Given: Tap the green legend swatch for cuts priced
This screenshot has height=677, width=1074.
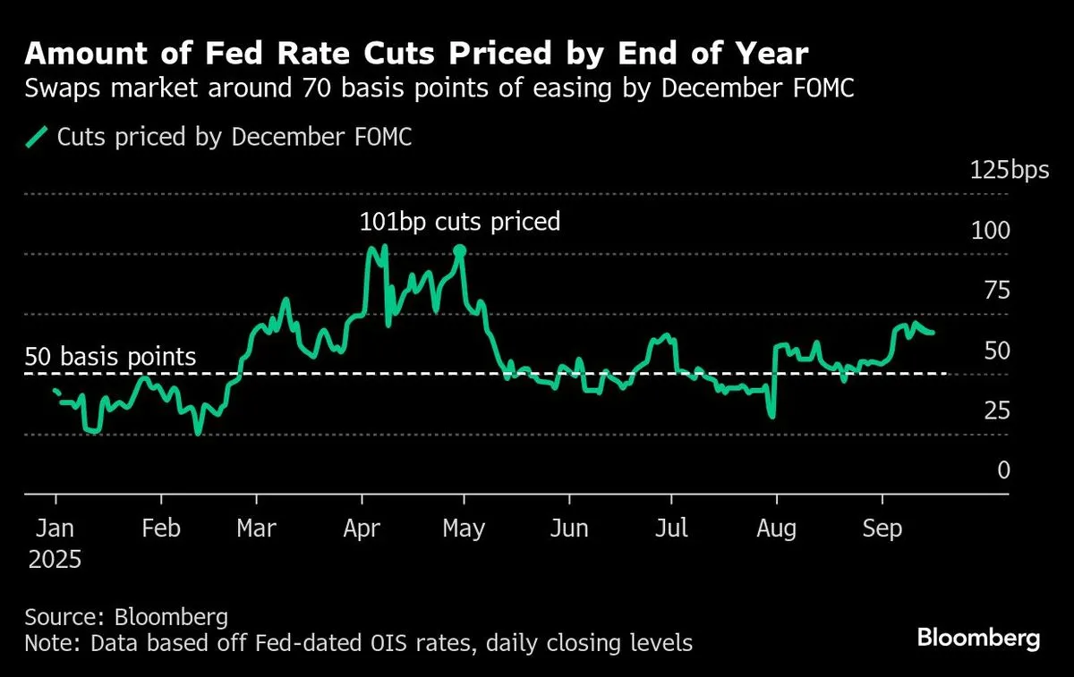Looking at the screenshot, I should [37, 137].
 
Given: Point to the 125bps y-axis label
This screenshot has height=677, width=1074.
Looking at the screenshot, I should [1010, 171].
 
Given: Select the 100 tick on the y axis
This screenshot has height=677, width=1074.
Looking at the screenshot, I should [991, 231].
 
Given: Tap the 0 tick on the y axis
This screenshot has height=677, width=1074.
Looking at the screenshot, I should [1003, 470].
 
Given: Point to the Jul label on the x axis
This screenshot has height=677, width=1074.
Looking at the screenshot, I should [671, 529].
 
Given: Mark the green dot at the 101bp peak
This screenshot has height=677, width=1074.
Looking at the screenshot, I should [460, 251].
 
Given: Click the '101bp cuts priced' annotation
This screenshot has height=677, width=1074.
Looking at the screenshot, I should [459, 221].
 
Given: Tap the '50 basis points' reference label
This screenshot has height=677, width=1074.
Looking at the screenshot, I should [110, 357].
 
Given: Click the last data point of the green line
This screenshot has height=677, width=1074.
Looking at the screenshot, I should [933, 333].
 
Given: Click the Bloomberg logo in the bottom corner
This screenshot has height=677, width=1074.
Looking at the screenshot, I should [978, 639].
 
